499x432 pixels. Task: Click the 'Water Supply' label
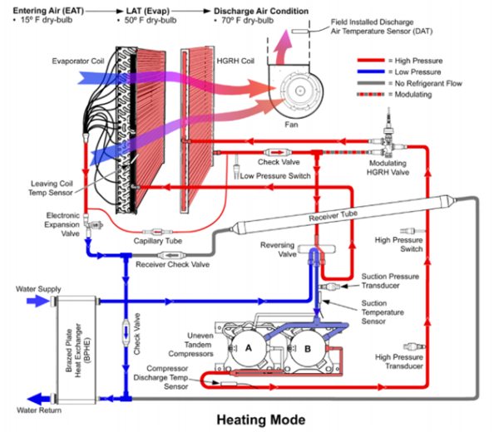37,289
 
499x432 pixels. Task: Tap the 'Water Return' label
37,410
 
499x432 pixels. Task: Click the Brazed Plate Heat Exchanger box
72,350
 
